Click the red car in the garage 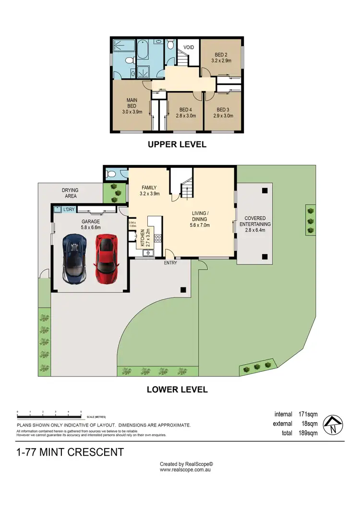tap(106, 258)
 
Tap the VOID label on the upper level tap(189, 47)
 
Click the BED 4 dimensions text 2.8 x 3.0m tap(184, 116)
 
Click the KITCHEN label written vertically tap(142, 237)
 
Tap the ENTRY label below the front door tap(170, 262)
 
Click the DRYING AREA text tap(70, 193)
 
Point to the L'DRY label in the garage tap(69, 209)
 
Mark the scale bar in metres tap(49, 413)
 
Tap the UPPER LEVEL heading tap(177, 144)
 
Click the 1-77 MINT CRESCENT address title tap(70, 452)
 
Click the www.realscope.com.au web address tap(186, 470)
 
